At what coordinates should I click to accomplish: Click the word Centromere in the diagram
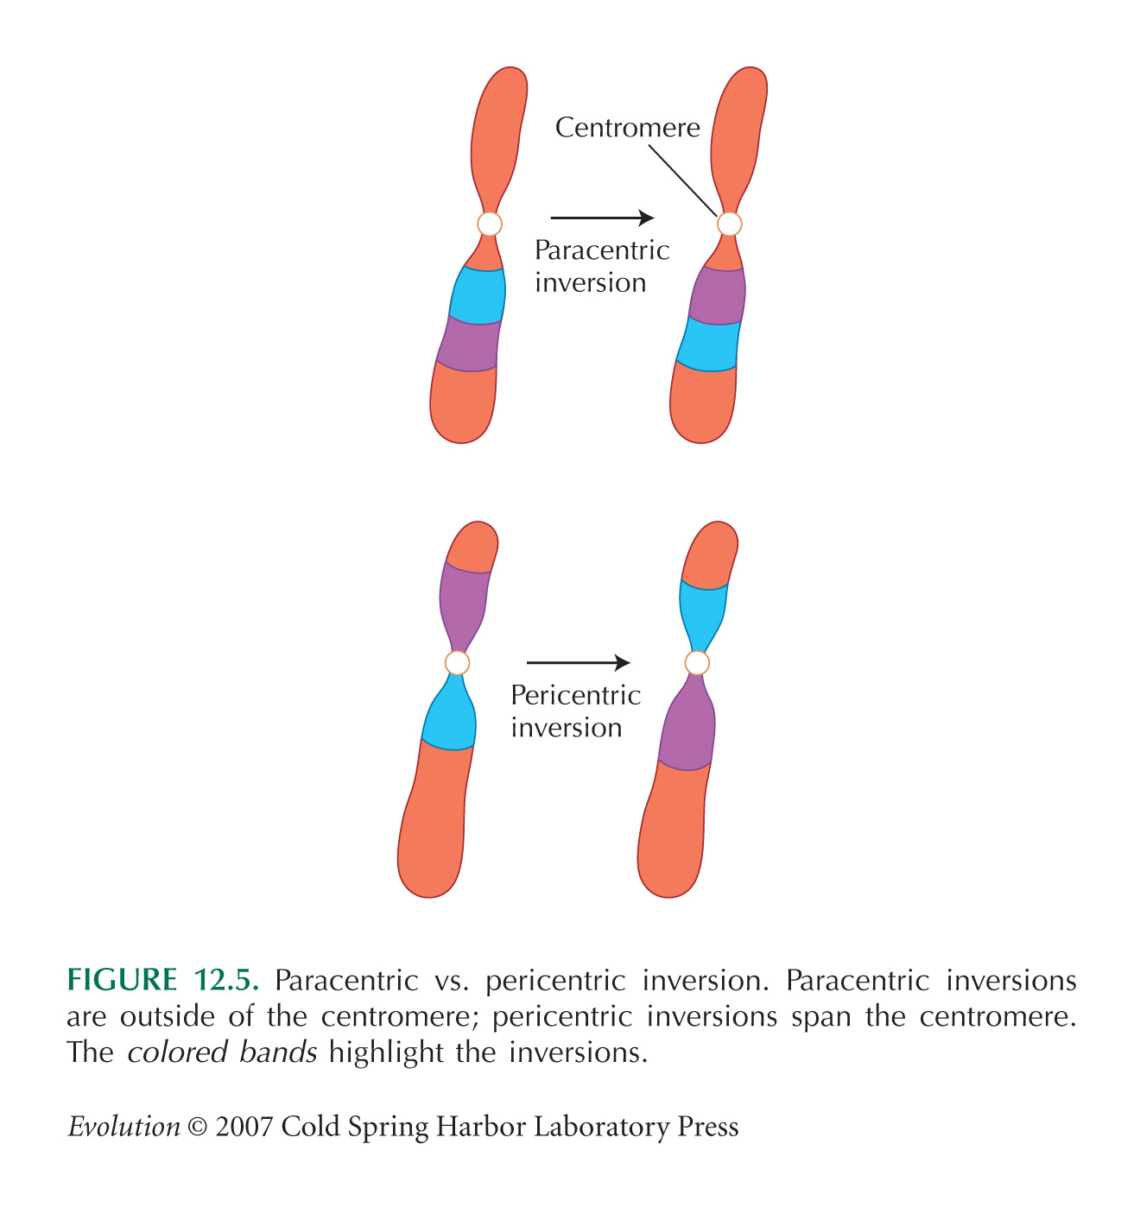(x=628, y=128)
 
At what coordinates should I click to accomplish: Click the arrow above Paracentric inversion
(x=602, y=217)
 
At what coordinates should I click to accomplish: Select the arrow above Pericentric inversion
(x=579, y=662)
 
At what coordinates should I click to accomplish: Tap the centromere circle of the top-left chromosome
(x=490, y=224)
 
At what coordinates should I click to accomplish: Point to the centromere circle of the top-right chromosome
(x=730, y=224)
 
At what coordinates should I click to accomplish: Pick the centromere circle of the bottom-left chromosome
(x=457, y=662)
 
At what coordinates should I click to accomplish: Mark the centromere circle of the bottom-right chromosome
(x=697, y=662)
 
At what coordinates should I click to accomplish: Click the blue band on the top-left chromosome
(x=478, y=295)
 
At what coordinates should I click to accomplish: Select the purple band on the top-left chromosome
(x=469, y=344)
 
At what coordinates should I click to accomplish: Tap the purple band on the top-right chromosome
(x=718, y=295)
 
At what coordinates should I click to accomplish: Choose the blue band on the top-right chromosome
(x=708, y=344)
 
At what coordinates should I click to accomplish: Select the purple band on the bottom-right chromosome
(x=687, y=726)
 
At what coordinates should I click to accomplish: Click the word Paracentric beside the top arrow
(x=602, y=250)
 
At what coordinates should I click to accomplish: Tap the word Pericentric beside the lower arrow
(x=576, y=695)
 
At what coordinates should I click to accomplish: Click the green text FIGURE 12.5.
(x=163, y=979)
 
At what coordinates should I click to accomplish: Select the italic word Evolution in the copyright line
(x=124, y=1126)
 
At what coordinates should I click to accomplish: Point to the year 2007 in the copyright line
(x=244, y=1127)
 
